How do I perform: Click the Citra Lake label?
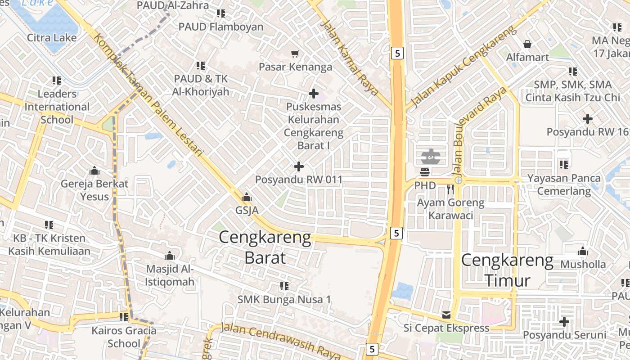tap(52, 37)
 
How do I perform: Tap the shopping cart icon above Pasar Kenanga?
tap(295, 54)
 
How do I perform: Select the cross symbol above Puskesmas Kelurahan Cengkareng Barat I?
tap(314, 94)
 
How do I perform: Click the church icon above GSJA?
tap(247, 197)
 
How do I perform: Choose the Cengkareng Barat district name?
tap(265, 247)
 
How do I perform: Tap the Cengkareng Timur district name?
tap(508, 270)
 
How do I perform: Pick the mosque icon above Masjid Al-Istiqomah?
tap(170, 256)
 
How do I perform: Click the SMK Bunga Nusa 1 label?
tap(284, 299)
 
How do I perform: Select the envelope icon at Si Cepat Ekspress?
tap(446, 315)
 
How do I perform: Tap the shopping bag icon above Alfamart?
tap(527, 44)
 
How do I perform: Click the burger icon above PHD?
tap(425, 172)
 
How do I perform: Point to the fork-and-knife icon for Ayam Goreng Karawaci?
tap(450, 189)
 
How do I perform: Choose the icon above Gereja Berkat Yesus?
tap(94, 171)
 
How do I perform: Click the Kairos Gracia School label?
tap(124, 337)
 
